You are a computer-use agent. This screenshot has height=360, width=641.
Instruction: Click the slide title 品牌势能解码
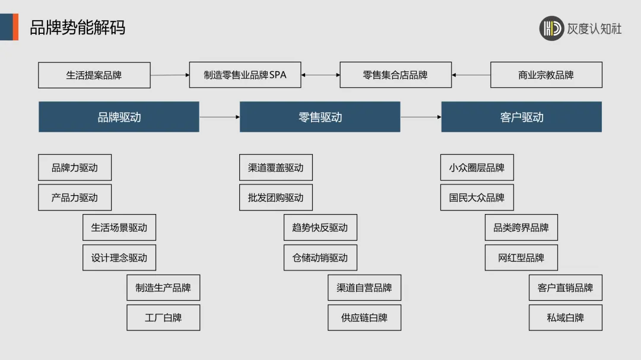coord(78,27)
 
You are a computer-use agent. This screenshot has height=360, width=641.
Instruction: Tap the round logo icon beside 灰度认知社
coord(551,28)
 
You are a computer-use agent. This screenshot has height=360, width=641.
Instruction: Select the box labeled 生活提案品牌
coord(94,75)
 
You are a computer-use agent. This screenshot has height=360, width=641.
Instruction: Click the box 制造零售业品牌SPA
coord(245,75)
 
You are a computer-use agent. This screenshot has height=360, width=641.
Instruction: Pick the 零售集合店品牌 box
coord(395,75)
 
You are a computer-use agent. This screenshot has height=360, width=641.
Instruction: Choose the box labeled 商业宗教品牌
coord(546,75)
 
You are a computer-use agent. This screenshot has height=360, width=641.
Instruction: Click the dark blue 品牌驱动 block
coord(119,117)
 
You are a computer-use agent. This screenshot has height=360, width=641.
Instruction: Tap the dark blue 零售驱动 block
coord(320,117)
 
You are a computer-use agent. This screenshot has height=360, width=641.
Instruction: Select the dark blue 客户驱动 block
coord(521,117)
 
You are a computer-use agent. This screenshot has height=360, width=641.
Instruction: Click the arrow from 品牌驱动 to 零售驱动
coord(219,117)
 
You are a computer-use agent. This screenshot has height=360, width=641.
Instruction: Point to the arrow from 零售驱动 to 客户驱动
coord(420,117)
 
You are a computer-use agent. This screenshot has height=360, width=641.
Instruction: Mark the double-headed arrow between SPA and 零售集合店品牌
coord(320,75)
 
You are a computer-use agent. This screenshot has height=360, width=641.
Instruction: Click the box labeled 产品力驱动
coord(74,197)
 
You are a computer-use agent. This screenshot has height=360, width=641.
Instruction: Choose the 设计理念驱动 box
coord(119,258)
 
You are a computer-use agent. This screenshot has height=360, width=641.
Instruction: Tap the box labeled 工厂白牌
coord(163,318)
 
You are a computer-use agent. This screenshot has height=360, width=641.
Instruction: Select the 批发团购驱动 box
coord(275,197)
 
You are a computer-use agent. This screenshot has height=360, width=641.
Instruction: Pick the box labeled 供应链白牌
coord(364,318)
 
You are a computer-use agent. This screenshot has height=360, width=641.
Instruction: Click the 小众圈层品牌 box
coord(477,167)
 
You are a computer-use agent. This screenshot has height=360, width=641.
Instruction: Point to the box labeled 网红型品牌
coord(521,258)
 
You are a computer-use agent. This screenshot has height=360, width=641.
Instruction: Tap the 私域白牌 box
coord(565,318)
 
